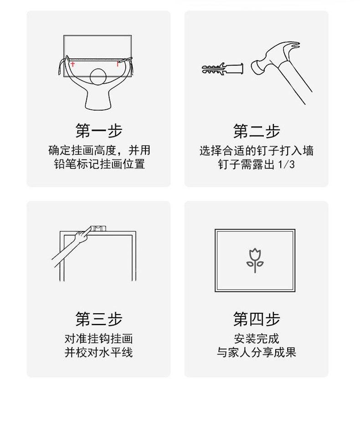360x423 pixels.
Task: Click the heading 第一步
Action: (x=99, y=131)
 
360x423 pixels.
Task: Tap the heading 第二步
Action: (x=257, y=131)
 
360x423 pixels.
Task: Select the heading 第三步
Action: (x=99, y=319)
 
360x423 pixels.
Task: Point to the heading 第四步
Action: (x=257, y=319)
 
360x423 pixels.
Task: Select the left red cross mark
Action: (x=72, y=64)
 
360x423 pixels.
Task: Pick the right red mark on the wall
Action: (x=118, y=64)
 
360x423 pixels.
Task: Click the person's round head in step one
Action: (x=98, y=77)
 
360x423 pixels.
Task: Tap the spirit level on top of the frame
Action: (x=98, y=229)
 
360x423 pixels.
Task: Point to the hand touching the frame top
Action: (x=82, y=234)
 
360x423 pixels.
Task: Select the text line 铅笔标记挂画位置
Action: (x=99, y=164)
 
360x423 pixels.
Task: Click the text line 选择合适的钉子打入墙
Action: (x=257, y=151)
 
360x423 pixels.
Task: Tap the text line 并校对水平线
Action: (x=99, y=352)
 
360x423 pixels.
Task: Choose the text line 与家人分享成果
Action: (x=257, y=352)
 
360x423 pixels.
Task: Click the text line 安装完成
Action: (x=257, y=339)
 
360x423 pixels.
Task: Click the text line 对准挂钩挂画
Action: (x=99, y=339)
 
